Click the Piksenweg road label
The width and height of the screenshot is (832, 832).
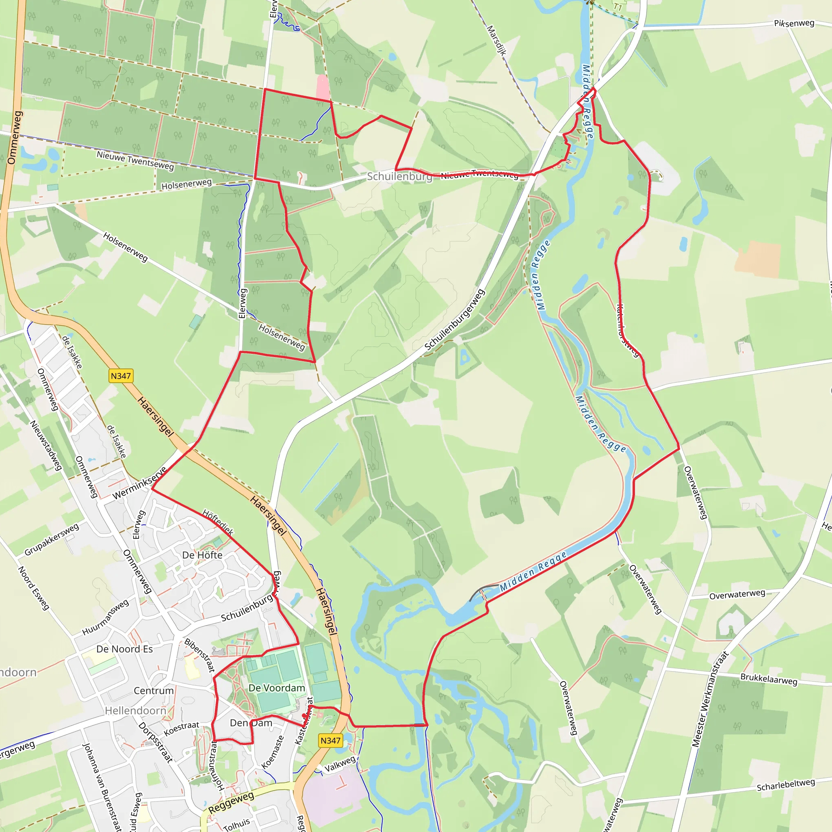pyautogui.click(x=794, y=23)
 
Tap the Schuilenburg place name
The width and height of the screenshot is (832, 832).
pyautogui.click(x=399, y=176)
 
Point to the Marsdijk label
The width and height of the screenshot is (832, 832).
pyautogui.click(x=496, y=40)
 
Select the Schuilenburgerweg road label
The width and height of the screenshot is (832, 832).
pyautogui.click(x=455, y=320)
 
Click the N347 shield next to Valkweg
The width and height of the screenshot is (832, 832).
pyautogui.click(x=330, y=740)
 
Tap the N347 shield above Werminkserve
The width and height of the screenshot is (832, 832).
pyautogui.click(x=121, y=376)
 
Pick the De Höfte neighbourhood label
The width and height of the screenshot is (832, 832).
pyautogui.click(x=202, y=555)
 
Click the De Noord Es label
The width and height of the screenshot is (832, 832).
pyautogui.click(x=124, y=649)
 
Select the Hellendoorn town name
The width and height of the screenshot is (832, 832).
pyautogui.click(x=136, y=711)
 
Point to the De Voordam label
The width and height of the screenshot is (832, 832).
pyautogui.click(x=277, y=688)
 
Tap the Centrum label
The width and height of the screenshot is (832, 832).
pyautogui.click(x=154, y=691)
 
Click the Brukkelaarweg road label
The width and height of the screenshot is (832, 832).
pyautogui.click(x=769, y=679)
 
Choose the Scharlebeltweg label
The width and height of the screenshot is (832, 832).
pyautogui.click(x=786, y=784)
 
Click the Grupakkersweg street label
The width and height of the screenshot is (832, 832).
pyautogui.click(x=52, y=539)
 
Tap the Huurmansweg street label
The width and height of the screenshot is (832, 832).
pyautogui.click(x=106, y=617)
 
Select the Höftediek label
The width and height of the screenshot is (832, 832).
pyautogui.click(x=218, y=522)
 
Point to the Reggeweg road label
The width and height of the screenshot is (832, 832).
pyautogui.click(x=231, y=803)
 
